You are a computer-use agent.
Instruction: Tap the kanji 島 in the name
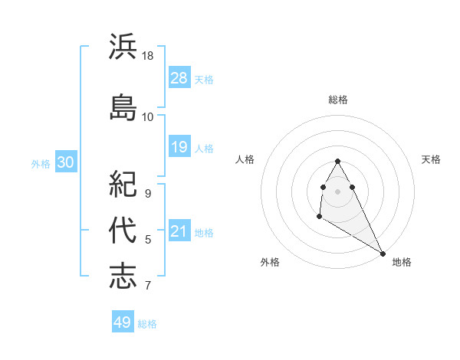pos(123,106)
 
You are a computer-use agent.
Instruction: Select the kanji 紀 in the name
pos(123,184)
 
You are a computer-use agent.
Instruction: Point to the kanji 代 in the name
pos(123,230)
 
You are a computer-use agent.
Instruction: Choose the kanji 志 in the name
pos(123,276)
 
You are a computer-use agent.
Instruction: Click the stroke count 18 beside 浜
pos(149,56)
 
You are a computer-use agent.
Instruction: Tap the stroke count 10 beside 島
pos(148,116)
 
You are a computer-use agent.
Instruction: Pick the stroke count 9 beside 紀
pos(148,194)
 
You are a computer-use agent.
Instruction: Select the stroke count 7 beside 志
pos(148,286)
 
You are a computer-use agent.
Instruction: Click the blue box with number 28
pos(179,78)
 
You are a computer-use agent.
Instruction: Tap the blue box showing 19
pos(179,147)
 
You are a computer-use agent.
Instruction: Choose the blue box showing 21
pos(179,231)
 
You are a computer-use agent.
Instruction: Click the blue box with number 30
pos(65,162)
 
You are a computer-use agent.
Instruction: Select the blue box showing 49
pos(123,322)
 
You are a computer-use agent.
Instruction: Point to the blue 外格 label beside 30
pos(41,163)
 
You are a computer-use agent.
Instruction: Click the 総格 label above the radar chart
pos(338,100)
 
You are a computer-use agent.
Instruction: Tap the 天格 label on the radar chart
pos(431,159)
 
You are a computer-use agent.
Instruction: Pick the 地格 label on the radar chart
pos(402,262)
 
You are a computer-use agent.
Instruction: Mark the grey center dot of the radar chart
pos(338,191)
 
